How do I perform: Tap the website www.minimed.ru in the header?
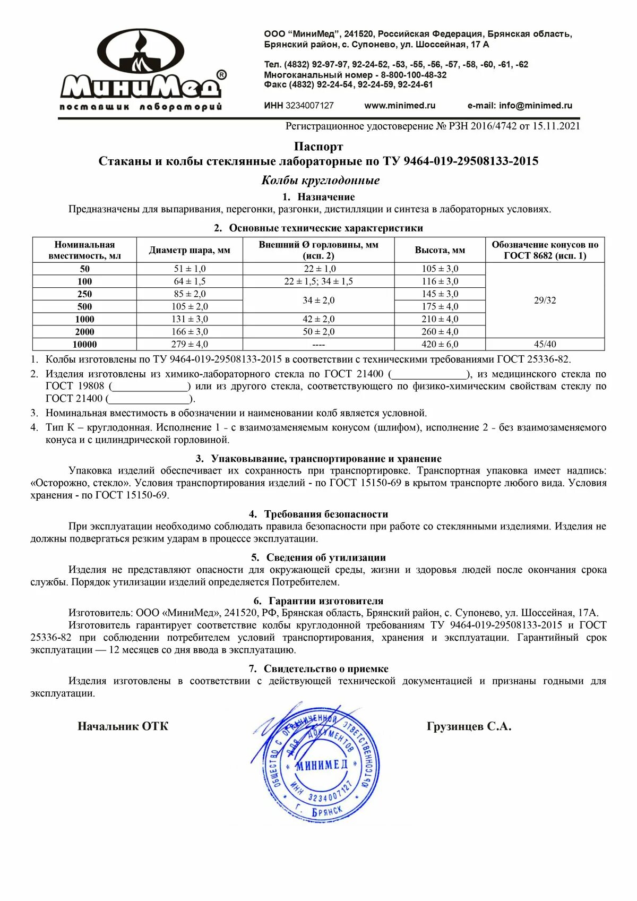(400, 106)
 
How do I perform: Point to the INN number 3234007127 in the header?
(309, 106)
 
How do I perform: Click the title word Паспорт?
(318, 147)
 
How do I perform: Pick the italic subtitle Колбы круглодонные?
(320, 181)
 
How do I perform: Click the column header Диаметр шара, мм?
(190, 250)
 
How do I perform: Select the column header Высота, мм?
(440, 250)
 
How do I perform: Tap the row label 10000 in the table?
(84, 345)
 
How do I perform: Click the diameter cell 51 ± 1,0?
(190, 269)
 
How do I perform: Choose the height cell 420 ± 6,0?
(440, 345)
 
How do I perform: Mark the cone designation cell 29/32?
(545, 301)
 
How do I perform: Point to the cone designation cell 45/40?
(545, 345)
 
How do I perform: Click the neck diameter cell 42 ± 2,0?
(318, 319)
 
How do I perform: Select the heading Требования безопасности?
(326, 514)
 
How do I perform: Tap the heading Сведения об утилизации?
(326, 557)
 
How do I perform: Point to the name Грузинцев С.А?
(469, 727)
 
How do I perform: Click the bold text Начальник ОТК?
(123, 727)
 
